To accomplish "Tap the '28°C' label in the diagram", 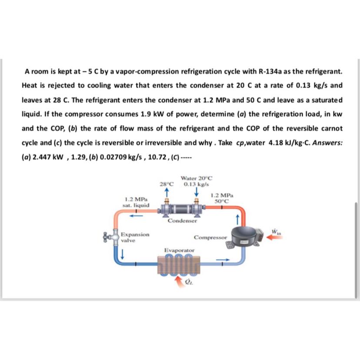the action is tap(167, 183).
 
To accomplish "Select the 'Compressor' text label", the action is tap(210, 238).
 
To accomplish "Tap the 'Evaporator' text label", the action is tap(179, 250).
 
